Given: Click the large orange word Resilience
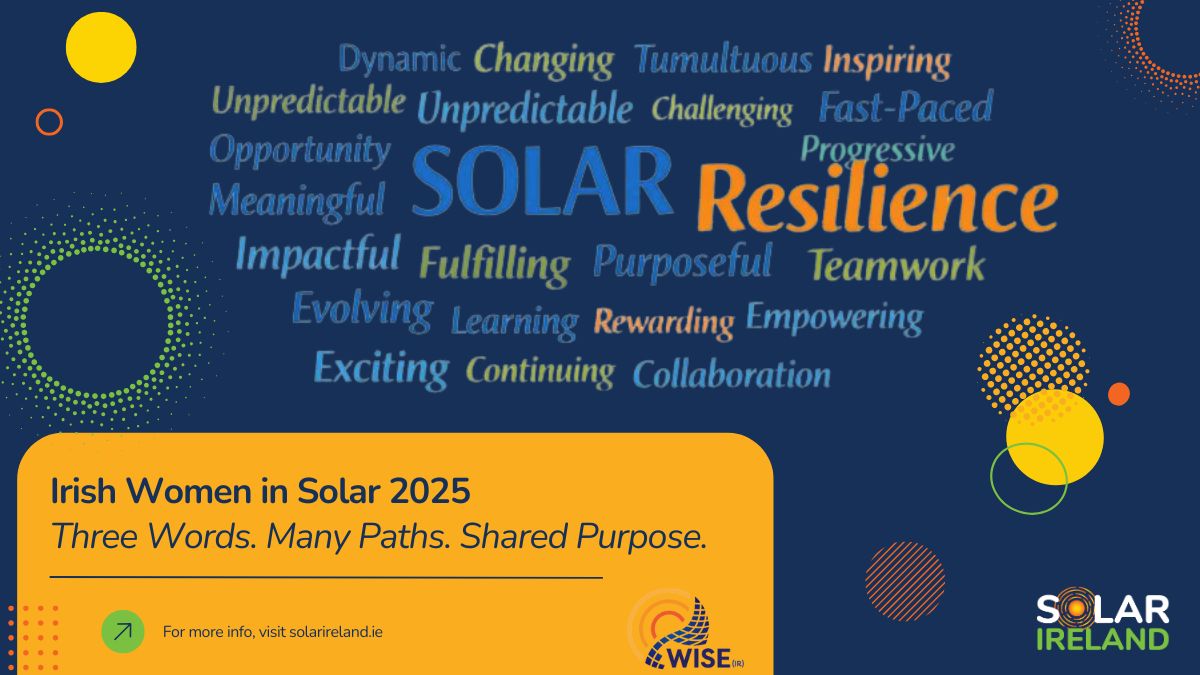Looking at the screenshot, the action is [878, 199].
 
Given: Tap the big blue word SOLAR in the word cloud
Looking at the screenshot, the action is [542, 181].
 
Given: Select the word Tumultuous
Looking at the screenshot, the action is [723, 59].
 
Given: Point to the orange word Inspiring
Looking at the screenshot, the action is [887, 62].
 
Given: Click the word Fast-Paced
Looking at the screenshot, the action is [906, 106].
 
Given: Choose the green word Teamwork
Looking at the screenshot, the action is [897, 265].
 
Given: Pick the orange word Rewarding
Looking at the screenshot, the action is [664, 322].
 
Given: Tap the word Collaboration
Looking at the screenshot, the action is [732, 374].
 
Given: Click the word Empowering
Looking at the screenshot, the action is [835, 318].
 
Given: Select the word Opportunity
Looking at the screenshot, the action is [300, 151].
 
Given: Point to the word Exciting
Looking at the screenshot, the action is [381, 369].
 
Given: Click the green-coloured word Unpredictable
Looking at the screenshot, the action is [309, 100].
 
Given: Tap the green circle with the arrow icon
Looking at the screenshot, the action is [123, 632].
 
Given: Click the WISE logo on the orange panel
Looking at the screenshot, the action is [686, 631].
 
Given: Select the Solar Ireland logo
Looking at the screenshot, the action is [1103, 619].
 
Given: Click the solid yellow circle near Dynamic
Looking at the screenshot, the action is [101, 48].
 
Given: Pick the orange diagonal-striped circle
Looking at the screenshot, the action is [905, 581].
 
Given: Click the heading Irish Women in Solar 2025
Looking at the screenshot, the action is [260, 491].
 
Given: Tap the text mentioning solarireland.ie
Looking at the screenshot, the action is [273, 632].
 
